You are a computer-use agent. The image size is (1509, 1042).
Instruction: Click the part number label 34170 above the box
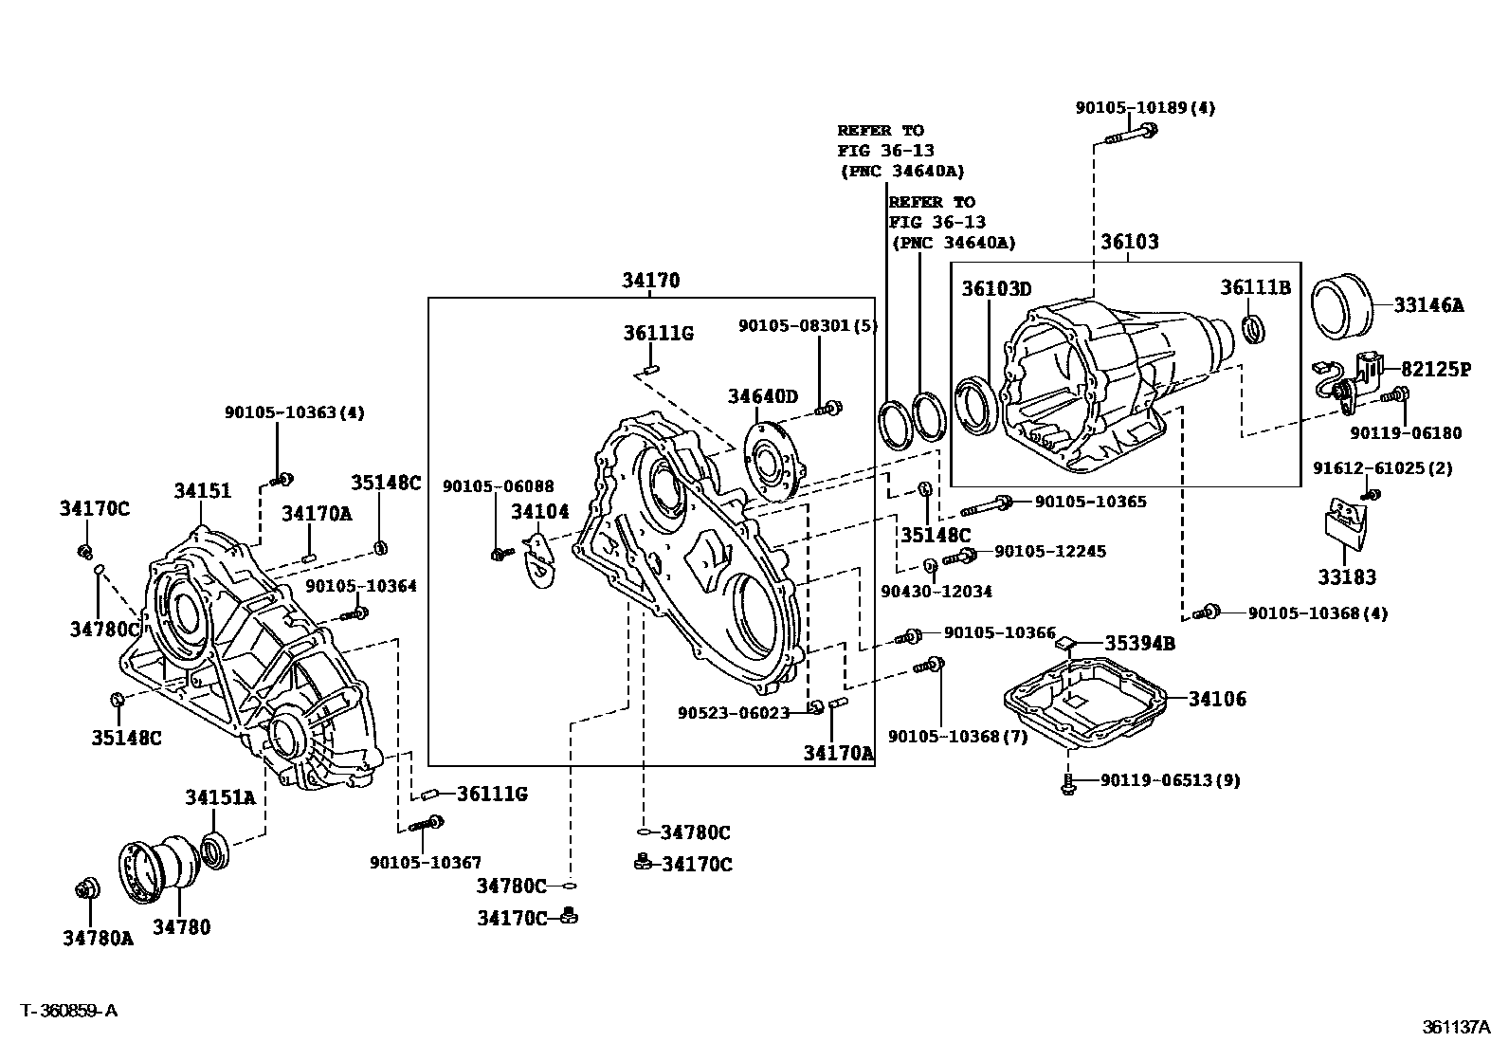651,281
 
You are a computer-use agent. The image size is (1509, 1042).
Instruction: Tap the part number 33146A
1428,305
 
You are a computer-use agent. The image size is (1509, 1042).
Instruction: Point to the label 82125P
1436,370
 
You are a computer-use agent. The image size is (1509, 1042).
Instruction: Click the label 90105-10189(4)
1145,108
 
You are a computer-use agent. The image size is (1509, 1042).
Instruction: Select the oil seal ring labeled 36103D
977,407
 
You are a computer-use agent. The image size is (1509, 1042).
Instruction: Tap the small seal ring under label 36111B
1253,329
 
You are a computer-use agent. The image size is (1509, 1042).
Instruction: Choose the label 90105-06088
498,486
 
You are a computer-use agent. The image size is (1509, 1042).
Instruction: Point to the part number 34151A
220,797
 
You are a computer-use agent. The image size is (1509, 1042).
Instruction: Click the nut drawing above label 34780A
88,889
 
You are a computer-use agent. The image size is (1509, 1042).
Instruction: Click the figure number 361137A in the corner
1456,1026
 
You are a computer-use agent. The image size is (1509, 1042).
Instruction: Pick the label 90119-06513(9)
1170,780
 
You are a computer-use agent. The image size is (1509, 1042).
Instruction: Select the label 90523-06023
733,712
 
